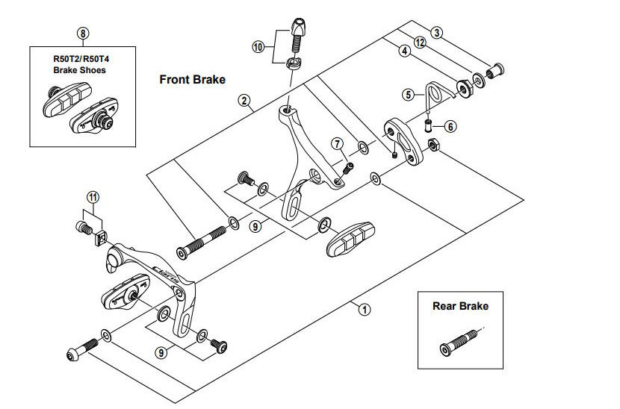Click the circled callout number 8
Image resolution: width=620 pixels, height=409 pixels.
point(82,33)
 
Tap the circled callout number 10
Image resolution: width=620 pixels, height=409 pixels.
point(258,46)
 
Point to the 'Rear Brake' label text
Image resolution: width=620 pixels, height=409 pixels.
point(460,305)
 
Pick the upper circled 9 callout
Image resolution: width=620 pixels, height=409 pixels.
point(256,225)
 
